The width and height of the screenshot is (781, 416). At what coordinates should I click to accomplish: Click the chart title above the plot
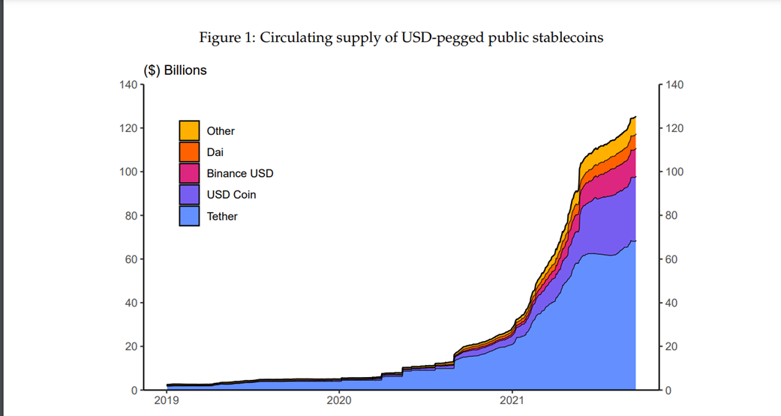[x=401, y=37]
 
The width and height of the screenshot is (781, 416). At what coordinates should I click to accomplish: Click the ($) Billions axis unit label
[x=175, y=70]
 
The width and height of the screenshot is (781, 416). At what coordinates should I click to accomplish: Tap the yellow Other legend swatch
[x=189, y=130]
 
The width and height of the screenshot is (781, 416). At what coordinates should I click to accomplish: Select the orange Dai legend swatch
[x=189, y=152]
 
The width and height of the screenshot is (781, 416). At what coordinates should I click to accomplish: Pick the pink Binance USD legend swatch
[x=189, y=173]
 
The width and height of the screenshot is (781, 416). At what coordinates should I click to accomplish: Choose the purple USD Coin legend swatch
[x=189, y=195]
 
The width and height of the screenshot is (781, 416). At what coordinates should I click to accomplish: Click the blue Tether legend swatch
[x=189, y=216]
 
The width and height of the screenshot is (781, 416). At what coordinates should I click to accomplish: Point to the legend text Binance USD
[x=240, y=173]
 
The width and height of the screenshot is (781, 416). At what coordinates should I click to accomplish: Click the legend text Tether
[x=222, y=216]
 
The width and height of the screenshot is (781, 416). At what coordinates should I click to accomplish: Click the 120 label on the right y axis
[x=675, y=128]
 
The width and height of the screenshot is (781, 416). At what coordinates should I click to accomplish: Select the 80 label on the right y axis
[x=672, y=216]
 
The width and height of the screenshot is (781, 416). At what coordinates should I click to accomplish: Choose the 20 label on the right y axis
[x=672, y=347]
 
